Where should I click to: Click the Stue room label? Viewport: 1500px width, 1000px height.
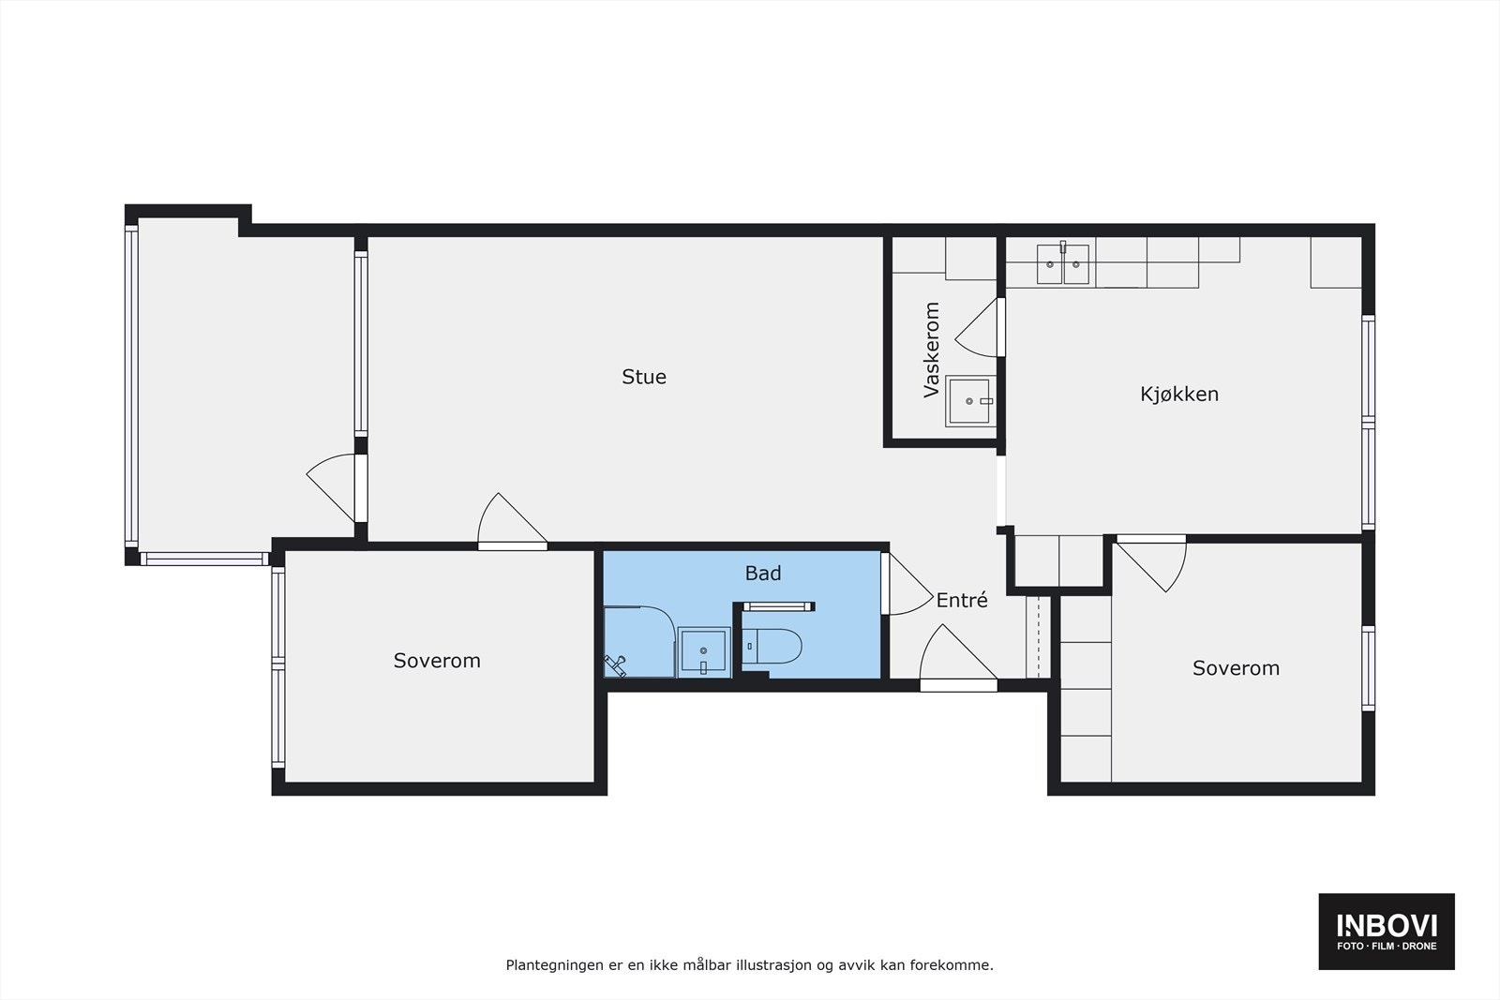pyautogui.click(x=644, y=377)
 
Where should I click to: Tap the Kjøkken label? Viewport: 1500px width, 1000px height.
pyautogui.click(x=1179, y=394)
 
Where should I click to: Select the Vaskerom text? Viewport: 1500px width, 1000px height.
pyautogui.click(x=931, y=350)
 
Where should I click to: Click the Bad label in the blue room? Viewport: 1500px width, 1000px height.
pyautogui.click(x=762, y=573)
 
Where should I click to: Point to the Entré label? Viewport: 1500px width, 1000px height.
pyautogui.click(x=962, y=601)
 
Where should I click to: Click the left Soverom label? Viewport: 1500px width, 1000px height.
pyautogui.click(x=437, y=661)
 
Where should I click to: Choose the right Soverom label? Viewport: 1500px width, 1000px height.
pyautogui.click(x=1236, y=668)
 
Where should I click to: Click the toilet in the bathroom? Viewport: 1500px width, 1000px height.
pyautogui.click(x=774, y=648)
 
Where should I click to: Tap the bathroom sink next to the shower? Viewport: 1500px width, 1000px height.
pyautogui.click(x=703, y=650)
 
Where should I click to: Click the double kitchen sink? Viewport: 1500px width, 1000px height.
pyautogui.click(x=1063, y=263)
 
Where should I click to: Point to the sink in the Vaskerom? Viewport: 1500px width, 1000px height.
pyautogui.click(x=968, y=401)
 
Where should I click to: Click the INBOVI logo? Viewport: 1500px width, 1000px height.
pyautogui.click(x=1387, y=931)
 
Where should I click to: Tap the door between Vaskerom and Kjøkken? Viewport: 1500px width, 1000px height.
pyautogui.click(x=980, y=328)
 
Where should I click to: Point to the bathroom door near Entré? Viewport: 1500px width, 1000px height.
pyautogui.click(x=902, y=586)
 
